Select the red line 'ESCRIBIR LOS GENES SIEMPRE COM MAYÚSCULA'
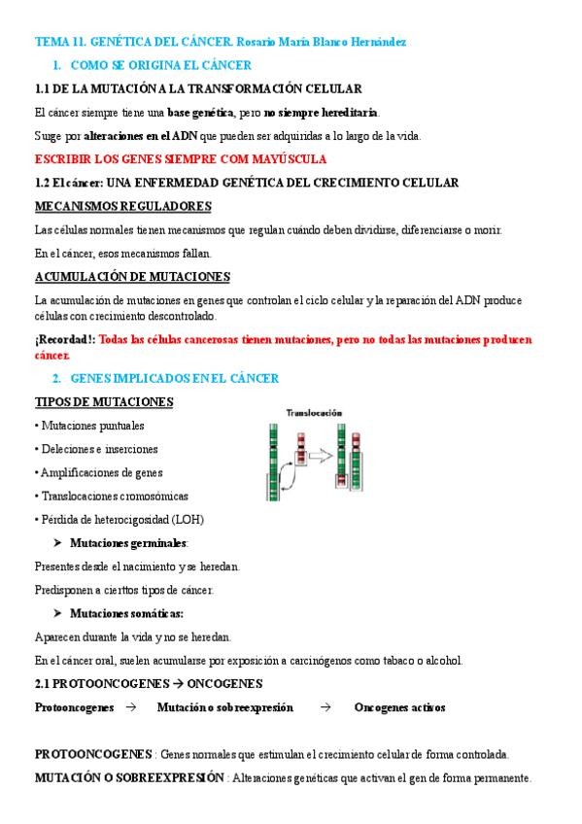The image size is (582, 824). pos(180,159)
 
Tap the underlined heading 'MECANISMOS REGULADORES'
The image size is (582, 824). pos(122,206)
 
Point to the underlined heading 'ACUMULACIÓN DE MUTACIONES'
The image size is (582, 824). pos(131,277)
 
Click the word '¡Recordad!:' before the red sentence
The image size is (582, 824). pos(64,339)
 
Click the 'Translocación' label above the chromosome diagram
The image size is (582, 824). pos(313,413)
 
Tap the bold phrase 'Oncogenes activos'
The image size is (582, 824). pos(399,707)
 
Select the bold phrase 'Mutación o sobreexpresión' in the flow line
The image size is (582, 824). pos(224,707)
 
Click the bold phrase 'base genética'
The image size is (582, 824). pos(205,112)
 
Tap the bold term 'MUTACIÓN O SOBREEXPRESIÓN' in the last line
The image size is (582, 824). pos(129,778)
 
